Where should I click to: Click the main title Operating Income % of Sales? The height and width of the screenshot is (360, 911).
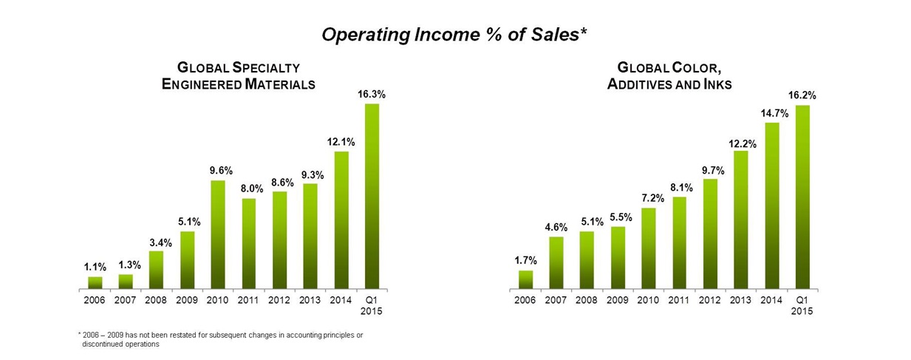[454, 35]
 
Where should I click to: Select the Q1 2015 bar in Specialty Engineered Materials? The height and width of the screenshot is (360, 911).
[371, 196]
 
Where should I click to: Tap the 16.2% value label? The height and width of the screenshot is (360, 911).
[802, 95]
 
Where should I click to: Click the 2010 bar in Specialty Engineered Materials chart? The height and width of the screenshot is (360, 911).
[218, 234]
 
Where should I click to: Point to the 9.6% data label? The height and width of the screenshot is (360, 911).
[221, 170]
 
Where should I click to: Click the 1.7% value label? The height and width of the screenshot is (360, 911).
[525, 260]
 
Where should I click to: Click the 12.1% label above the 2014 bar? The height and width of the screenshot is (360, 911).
[342, 141]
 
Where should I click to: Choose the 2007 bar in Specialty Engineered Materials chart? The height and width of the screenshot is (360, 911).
[126, 281]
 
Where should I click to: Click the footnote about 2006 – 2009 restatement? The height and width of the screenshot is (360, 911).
[222, 339]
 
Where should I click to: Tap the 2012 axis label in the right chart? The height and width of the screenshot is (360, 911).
[709, 301]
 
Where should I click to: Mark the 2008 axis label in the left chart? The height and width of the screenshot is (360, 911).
[156, 301]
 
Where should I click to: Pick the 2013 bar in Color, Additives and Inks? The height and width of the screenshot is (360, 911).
[741, 220]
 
